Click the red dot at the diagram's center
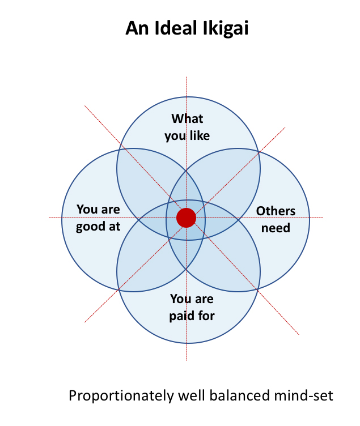click(x=186, y=218)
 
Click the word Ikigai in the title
click(x=225, y=29)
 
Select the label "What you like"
click(x=187, y=127)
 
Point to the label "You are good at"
click(x=99, y=218)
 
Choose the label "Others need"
click(x=276, y=220)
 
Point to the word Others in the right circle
click(x=276, y=211)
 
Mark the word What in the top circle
click(x=187, y=119)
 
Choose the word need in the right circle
click(x=276, y=228)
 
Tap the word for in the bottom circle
click(x=206, y=316)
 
